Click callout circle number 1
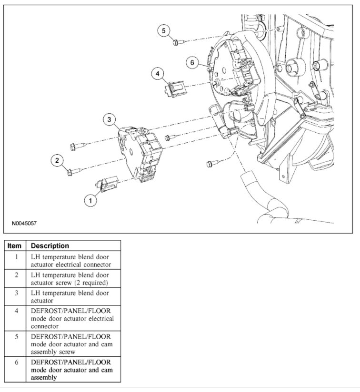pyautogui.click(x=90, y=201)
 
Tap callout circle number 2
pyautogui.click(x=57, y=161)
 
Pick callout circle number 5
pyautogui.click(x=164, y=30)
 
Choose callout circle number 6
pyautogui.click(x=191, y=63)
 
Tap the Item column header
pyautogui.click(x=15, y=246)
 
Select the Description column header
pyautogui.click(x=50, y=246)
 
